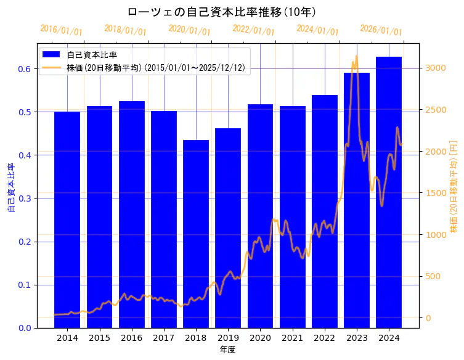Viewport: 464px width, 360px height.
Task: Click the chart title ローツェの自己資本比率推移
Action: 222,12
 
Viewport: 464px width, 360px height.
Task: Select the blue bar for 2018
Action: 196,234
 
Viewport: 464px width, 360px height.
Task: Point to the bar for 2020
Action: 260,216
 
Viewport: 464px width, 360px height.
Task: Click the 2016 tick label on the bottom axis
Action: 131,338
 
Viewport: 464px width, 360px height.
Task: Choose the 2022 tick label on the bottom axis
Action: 325,338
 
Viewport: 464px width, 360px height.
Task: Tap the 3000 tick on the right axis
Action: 435,68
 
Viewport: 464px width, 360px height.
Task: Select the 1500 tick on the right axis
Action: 435,193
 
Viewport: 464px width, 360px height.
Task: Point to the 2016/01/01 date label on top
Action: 61,30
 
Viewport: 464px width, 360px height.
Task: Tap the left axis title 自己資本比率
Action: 11,187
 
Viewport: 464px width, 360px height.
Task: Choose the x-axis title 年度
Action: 228,350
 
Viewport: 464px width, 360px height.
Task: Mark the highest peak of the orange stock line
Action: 356,57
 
